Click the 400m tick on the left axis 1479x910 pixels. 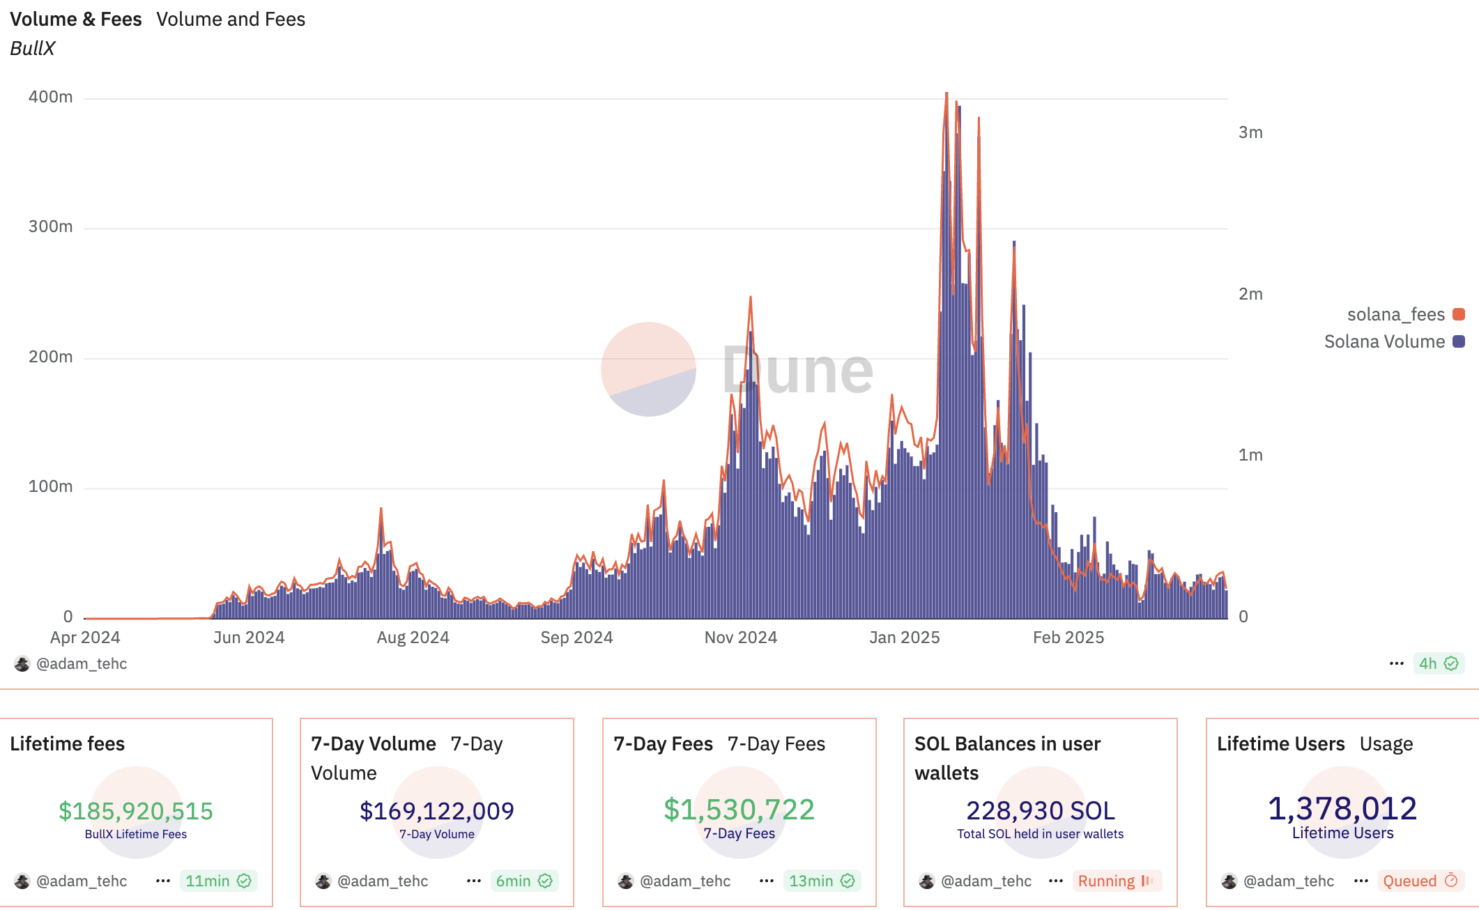(50, 97)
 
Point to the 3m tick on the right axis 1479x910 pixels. (1250, 132)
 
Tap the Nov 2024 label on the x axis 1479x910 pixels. (740, 638)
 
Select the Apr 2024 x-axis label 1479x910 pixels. (85, 638)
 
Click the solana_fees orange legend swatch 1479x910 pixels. (1458, 314)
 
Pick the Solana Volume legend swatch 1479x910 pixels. (1458, 341)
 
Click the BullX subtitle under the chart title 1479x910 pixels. (33, 48)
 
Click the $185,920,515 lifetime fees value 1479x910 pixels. (136, 810)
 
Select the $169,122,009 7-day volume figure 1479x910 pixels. (437, 810)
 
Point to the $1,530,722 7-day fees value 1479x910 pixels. (739, 810)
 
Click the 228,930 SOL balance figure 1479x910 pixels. (1041, 810)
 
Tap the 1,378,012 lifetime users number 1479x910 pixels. (1342, 808)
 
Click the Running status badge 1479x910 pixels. (1116, 881)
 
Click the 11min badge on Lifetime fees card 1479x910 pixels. (218, 881)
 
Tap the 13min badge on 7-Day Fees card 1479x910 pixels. (822, 881)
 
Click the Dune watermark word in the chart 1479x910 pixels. (797, 370)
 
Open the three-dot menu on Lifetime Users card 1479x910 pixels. (1361, 881)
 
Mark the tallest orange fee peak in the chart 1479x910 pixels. (947, 93)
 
